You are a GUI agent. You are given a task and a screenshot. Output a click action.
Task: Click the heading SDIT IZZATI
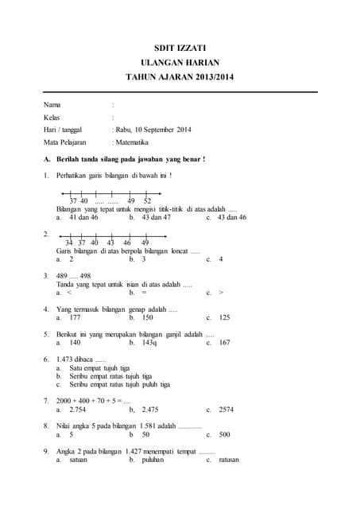pos(180,48)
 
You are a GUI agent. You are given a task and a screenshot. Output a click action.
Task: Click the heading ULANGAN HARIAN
pos(180,62)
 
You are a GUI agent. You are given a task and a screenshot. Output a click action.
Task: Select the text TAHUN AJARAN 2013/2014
pos(180,77)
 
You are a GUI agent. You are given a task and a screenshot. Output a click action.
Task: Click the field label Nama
pos(52,104)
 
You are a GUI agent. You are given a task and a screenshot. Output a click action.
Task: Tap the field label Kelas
pos(52,117)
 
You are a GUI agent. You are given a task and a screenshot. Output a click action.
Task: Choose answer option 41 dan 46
pos(83,216)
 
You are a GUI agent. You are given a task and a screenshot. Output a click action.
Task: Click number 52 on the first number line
pos(148,201)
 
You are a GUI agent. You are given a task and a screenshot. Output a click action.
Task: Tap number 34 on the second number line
pos(69,243)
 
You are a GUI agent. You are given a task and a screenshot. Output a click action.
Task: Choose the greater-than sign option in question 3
pos(221,293)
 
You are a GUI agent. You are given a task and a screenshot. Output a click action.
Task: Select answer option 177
pos(75,317)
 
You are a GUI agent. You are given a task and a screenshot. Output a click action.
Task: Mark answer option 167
pos(224,343)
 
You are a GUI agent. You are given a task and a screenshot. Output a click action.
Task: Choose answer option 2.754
pos(78,409)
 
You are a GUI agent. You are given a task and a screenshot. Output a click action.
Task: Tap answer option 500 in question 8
pos(224,434)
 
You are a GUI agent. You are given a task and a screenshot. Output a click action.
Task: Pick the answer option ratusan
pos(228,460)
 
